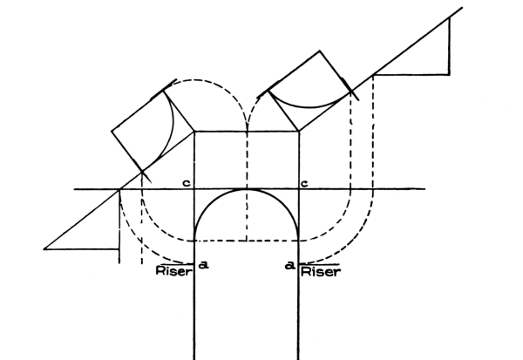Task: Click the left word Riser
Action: (x=174, y=271)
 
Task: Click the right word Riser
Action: (x=321, y=272)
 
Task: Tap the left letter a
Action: (x=203, y=265)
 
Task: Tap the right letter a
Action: (x=290, y=266)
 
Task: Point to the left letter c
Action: (x=187, y=183)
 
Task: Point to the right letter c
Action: (x=304, y=183)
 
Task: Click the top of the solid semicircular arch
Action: (x=247, y=189)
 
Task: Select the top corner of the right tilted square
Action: (x=320, y=51)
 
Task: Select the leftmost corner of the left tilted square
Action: (x=112, y=131)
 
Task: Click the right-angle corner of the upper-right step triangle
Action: (x=449, y=75)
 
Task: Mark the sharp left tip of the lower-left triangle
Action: (x=44, y=249)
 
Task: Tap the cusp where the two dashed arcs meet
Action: (x=247, y=131)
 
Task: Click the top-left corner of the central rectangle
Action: (x=194, y=132)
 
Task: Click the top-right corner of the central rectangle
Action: (x=298, y=132)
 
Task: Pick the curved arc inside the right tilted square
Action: (x=310, y=107)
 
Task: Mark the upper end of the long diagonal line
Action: (x=462, y=7)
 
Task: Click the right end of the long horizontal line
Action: (x=425, y=189)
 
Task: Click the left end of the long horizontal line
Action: (x=74, y=189)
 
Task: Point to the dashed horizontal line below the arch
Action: (x=247, y=241)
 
